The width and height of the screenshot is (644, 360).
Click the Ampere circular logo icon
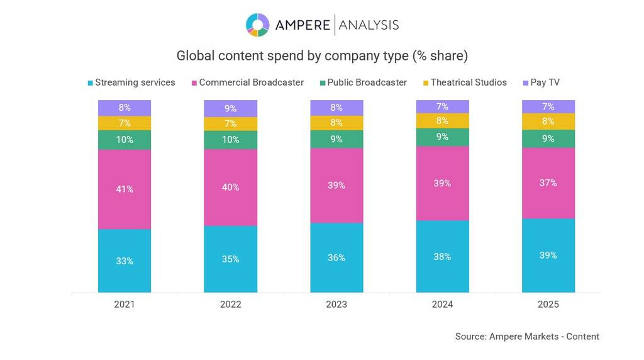point(257,25)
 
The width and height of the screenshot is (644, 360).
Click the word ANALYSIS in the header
point(369,25)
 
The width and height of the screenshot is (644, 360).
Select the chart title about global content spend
point(322,56)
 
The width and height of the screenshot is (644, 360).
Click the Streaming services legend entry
point(131,82)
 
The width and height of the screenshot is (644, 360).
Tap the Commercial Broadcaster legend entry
point(247,82)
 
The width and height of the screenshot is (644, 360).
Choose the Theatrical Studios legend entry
point(464,82)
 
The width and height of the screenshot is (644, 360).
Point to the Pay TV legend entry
point(541,82)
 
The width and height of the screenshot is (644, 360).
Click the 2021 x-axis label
point(125,305)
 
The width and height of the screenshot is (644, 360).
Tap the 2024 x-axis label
point(443,305)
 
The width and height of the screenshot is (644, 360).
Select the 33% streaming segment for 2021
point(125,261)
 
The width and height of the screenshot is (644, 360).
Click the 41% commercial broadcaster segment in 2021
point(125,189)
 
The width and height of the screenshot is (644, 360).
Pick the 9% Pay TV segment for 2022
point(231,108)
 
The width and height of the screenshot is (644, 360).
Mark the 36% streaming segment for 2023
point(336,257)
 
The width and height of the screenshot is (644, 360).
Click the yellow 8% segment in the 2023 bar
point(336,123)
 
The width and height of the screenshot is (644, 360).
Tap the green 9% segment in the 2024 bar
point(443,137)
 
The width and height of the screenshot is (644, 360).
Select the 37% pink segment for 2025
point(548,183)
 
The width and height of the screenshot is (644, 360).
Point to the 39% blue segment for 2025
point(548,256)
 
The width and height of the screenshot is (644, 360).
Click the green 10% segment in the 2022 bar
point(231,140)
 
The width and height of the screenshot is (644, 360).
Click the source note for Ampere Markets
point(527,337)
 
